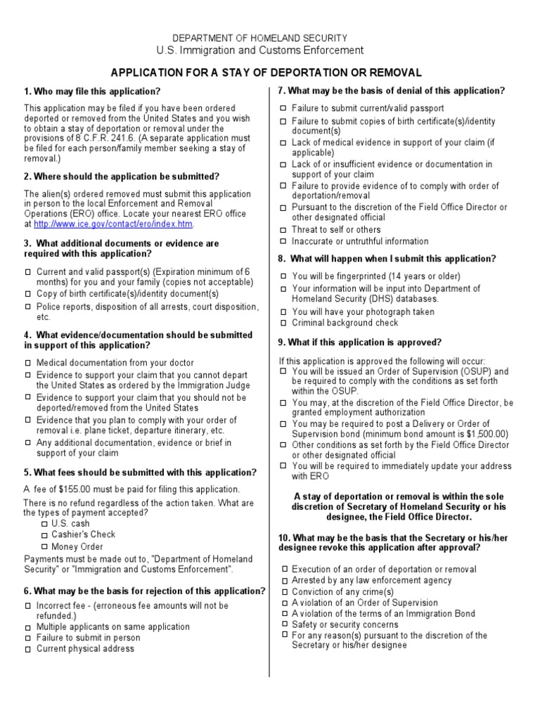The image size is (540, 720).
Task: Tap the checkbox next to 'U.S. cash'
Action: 45,524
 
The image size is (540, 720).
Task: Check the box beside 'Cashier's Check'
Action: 45,535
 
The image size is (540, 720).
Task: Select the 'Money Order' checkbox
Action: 45,546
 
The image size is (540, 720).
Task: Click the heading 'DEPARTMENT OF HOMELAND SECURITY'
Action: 260,38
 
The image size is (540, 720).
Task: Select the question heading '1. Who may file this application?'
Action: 92,91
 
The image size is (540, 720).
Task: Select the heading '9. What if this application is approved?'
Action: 359,342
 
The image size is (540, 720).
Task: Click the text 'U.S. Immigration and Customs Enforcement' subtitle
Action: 260,51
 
